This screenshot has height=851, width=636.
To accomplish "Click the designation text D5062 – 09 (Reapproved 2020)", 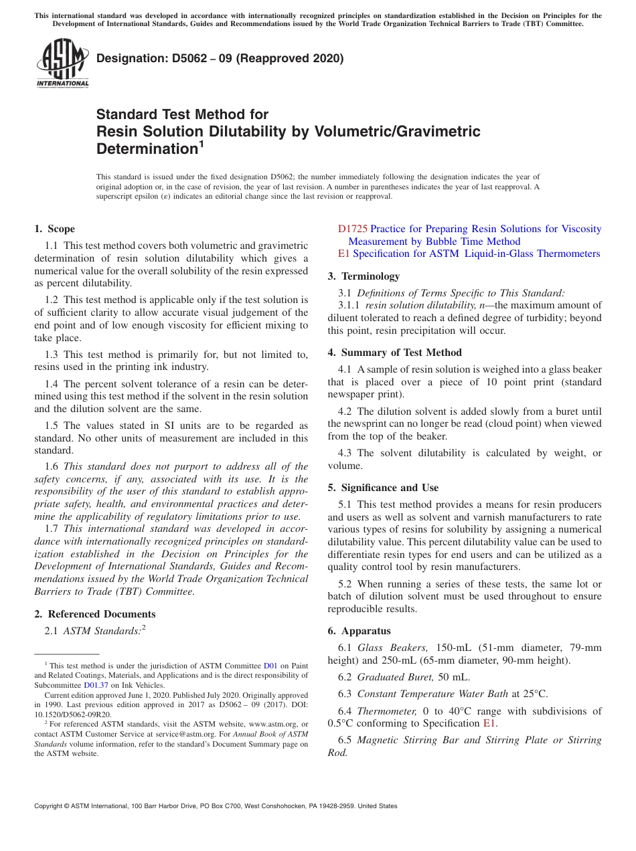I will pos(220,58).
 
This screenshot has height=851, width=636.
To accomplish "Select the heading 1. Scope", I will pos(54,229).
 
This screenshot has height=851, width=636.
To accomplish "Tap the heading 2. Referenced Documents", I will pos(95,614).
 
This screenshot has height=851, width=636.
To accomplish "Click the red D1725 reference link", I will pos(353,229).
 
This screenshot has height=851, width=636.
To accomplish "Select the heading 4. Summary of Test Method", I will pos(394,353).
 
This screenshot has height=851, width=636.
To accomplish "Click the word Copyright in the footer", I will pos(50,806).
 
